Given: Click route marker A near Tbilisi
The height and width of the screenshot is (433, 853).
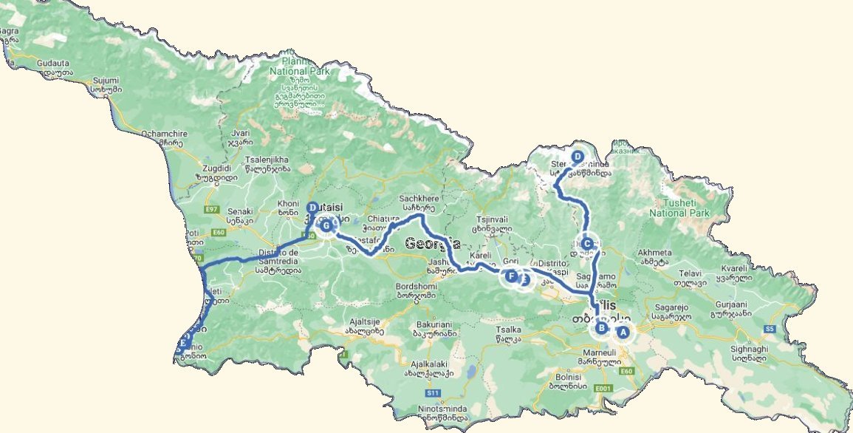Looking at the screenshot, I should coord(623,333).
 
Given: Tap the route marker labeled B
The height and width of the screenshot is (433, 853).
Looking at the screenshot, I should coord(602,328).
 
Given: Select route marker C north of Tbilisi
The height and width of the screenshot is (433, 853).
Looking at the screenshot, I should coord(586,243).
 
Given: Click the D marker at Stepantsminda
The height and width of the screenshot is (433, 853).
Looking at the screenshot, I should coord(578,156).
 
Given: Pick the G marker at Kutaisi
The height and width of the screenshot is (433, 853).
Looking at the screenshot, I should coord(325,225).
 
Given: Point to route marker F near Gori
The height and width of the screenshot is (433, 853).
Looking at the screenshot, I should coord(510,277).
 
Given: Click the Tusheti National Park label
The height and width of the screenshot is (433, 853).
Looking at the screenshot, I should coord(679,208).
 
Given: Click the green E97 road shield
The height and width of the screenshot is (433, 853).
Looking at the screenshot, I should coord(213,210).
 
